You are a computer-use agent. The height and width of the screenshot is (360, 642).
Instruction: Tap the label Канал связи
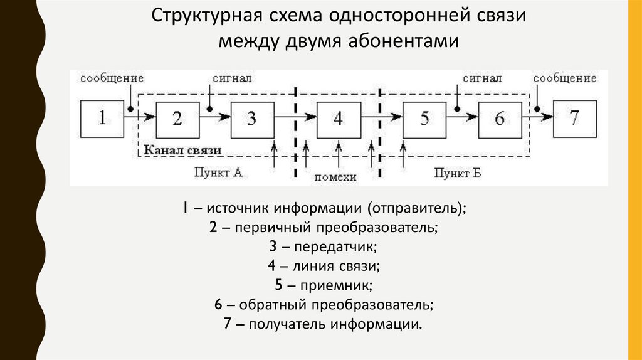(182, 151)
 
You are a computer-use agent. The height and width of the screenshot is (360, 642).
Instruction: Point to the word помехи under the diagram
(335, 177)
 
